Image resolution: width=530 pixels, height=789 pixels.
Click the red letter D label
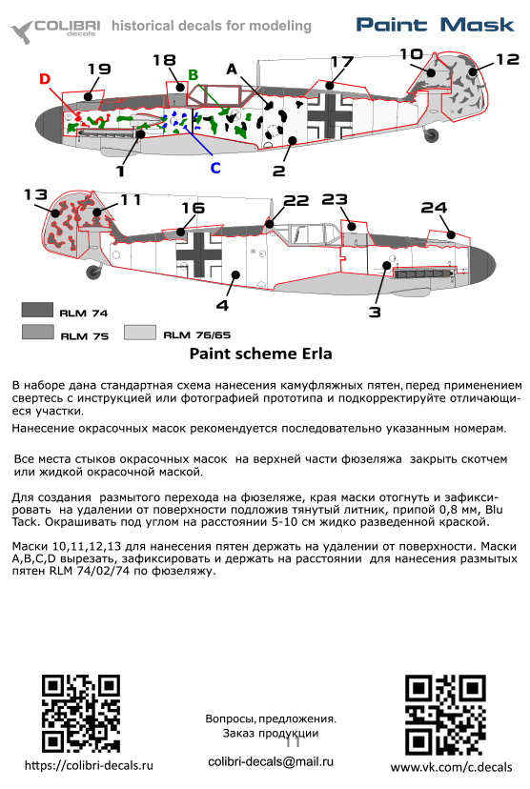tap(45, 79)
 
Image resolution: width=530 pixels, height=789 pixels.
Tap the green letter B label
tap(194, 75)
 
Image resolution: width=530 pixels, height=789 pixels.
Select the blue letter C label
tap(215, 168)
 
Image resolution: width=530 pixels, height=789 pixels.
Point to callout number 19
tap(99, 69)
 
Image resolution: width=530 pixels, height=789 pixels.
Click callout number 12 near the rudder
tap(507, 59)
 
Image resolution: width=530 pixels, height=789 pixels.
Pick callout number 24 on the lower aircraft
tap(435, 208)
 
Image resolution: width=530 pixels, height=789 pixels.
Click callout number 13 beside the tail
tap(35, 194)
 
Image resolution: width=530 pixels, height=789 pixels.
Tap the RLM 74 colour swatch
tap(37, 310)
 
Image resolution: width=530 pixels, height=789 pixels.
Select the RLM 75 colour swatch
tap(38, 333)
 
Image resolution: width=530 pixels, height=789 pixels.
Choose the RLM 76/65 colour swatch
tap(140, 333)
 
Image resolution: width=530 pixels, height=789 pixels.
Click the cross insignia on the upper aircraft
tap(330, 115)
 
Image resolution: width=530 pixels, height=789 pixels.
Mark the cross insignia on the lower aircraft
tap(199, 254)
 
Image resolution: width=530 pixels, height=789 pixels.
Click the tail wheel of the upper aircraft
tap(432, 134)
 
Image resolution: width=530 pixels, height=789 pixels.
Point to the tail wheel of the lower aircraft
tap(93, 273)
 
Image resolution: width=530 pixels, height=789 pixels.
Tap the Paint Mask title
tap(435, 25)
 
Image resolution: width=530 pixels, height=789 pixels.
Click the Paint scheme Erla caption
tap(261, 354)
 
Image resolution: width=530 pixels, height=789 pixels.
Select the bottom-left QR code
tap(80, 714)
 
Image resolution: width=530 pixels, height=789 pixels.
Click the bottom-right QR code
tap(445, 715)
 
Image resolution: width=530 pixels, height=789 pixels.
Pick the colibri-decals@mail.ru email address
tap(271, 761)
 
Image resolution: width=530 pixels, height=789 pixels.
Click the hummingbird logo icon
tap(22, 32)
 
